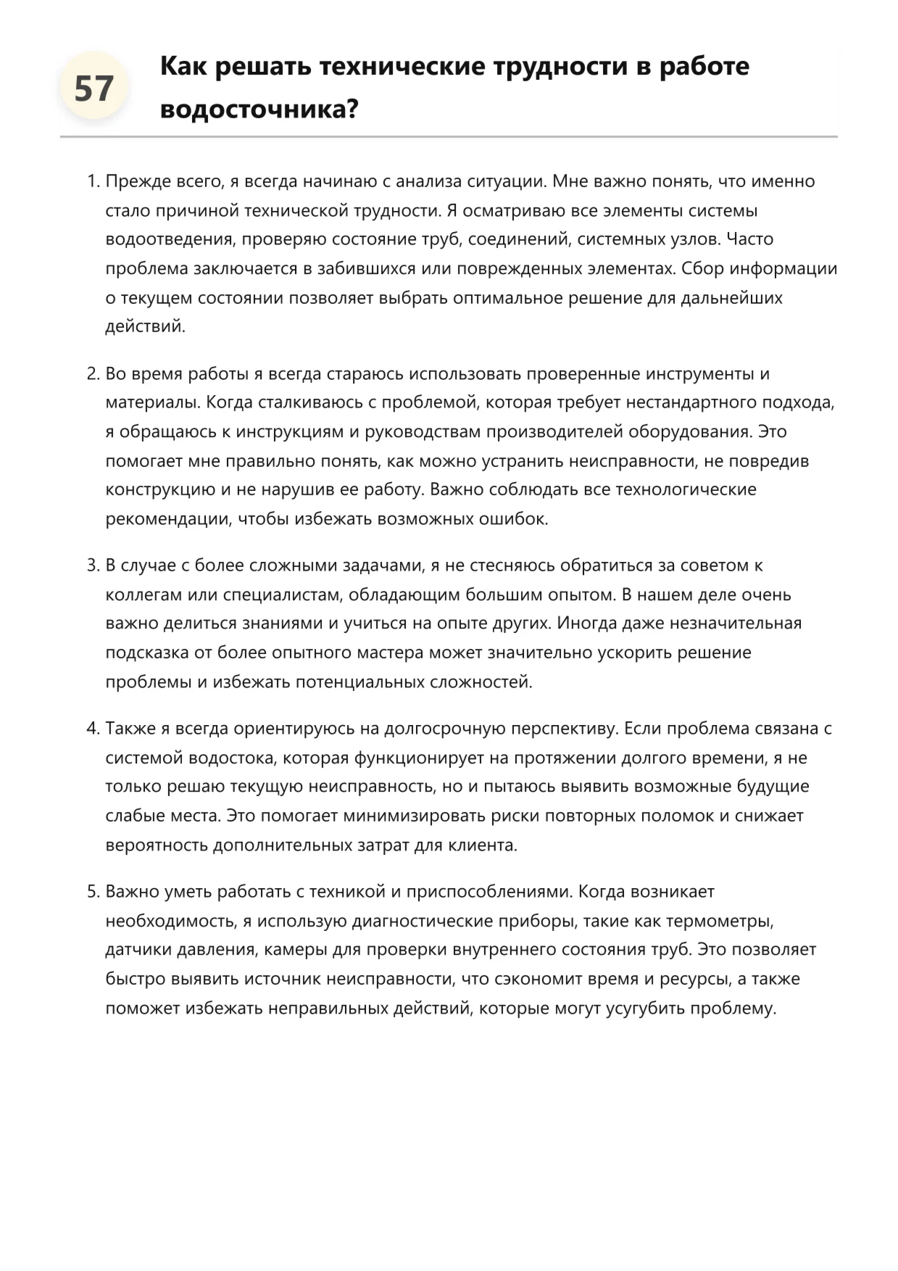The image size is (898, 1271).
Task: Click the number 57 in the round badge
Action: pyautogui.click(x=94, y=89)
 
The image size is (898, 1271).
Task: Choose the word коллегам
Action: pyautogui.click(x=144, y=595)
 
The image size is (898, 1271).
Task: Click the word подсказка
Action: pyautogui.click(x=147, y=653)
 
